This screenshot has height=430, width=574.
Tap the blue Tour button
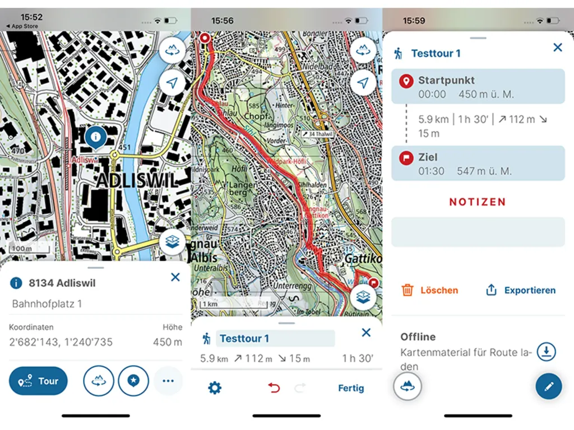point(38,381)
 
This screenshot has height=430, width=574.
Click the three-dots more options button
point(168,381)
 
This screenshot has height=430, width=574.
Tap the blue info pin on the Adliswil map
point(96,137)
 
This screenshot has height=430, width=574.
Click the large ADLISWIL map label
point(137,180)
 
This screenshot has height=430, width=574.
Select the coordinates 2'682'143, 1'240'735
point(61,342)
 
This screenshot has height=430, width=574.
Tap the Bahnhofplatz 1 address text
point(47,304)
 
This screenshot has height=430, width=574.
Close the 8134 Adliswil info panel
point(175,277)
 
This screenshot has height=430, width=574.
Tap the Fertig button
point(351,388)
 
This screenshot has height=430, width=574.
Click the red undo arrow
point(274,388)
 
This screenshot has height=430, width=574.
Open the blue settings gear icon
point(215,388)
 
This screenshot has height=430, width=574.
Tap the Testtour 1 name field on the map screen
point(275,338)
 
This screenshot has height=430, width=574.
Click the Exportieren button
point(521,290)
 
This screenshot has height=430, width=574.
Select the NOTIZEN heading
point(478,202)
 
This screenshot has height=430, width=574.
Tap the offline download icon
point(546,352)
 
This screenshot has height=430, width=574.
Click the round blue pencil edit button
point(548,386)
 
